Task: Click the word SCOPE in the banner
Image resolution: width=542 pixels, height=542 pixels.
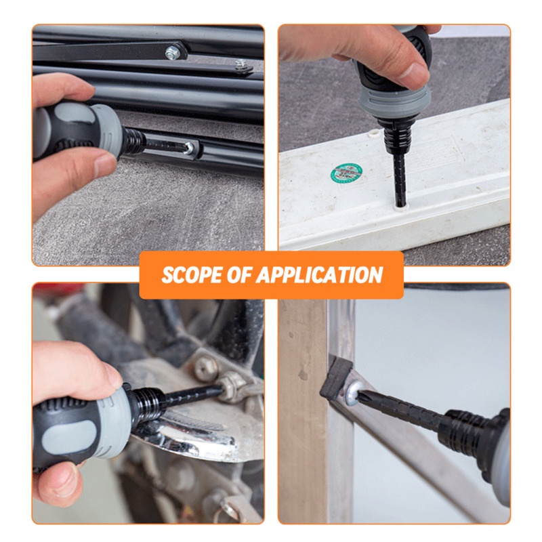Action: pyautogui.click(x=192, y=275)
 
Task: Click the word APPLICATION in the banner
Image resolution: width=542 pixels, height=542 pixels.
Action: pyautogui.click(x=319, y=275)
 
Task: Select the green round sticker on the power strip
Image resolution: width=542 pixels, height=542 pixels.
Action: pyautogui.click(x=346, y=173)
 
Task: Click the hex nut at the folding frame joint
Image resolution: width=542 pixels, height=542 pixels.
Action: pyautogui.click(x=173, y=52)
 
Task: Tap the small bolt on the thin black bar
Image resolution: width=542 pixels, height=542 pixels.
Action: pyautogui.click(x=242, y=64)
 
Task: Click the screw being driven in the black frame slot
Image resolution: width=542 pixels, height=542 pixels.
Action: pyautogui.click(x=189, y=148)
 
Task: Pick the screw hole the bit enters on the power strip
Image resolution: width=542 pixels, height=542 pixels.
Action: pyautogui.click(x=400, y=205)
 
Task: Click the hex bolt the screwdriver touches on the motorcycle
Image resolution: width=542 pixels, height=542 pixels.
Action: pyautogui.click(x=231, y=386)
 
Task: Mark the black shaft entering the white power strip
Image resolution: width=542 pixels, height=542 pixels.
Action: pyautogui.click(x=400, y=179)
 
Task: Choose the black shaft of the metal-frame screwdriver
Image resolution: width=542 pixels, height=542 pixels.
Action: pyautogui.click(x=401, y=409)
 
